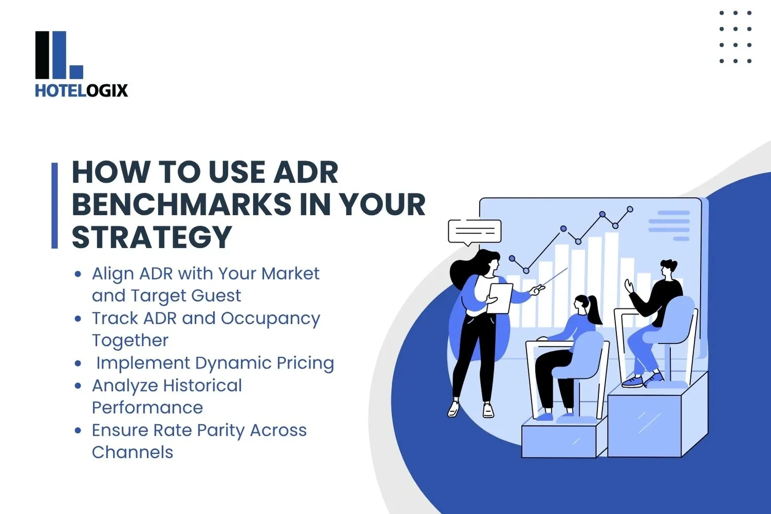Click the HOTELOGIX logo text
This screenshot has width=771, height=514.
tap(81, 90)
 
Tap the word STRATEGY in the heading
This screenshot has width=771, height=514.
tap(152, 237)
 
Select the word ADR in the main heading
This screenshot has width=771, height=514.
tap(306, 172)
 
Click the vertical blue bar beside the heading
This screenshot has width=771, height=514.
tap(54, 206)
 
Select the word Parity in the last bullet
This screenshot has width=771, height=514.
tap(221, 430)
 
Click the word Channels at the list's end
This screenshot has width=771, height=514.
tap(133, 452)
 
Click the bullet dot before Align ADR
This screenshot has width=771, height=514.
tap(78, 274)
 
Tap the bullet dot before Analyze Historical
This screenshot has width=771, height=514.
tap(78, 385)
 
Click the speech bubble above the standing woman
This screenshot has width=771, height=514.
tap(474, 232)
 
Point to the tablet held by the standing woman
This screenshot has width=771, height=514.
tap(500, 298)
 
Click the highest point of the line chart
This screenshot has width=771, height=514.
tap(630, 209)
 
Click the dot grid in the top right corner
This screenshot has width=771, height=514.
tap(736, 37)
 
